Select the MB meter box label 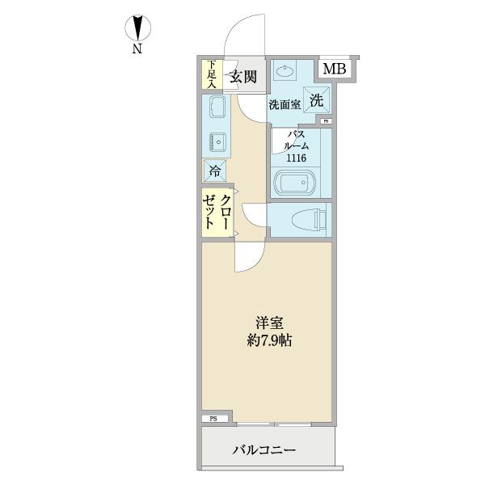335,70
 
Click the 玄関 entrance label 242,78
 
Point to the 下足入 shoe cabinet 211,74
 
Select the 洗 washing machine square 316,100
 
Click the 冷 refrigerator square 215,170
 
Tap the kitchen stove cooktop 217,141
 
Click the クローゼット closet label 218,213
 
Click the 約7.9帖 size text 270,340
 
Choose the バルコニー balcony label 264,449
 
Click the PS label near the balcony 213,419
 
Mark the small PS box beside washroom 326,121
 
